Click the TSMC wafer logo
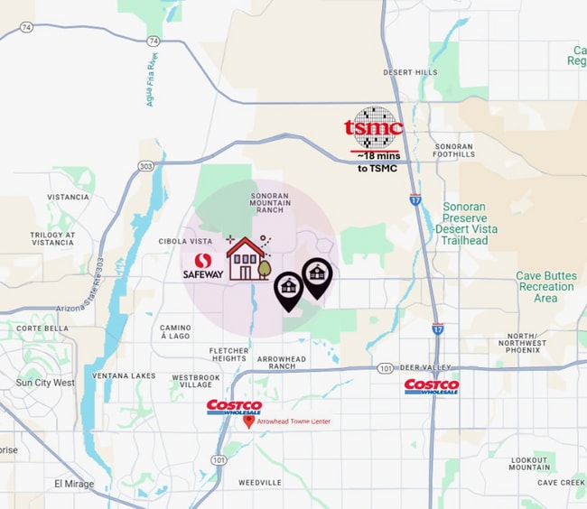coord(375,126)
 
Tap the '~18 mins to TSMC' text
coord(377,162)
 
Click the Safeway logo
coord(202,266)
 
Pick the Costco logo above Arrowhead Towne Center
coord(234,407)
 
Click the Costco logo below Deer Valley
coord(431,386)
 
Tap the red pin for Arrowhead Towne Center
coord(248,421)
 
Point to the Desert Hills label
coord(410,72)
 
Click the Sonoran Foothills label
coord(453,151)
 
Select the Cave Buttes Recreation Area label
coord(545,287)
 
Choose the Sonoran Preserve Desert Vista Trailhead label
coord(464,224)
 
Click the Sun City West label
coord(45,383)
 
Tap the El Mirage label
coord(74,484)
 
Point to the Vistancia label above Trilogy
coord(68,197)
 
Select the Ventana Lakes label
coord(124,375)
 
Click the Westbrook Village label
coord(196,381)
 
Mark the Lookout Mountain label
coord(528,463)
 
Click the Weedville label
coord(260,483)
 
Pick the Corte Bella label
coord(42,329)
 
